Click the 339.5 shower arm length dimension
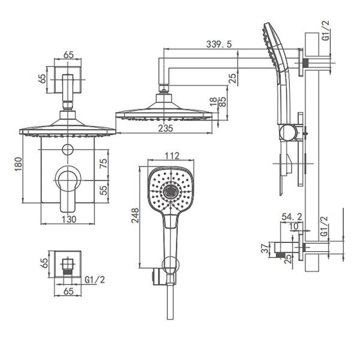pos(219,44)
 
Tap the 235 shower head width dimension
pos(166,128)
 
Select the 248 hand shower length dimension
pos(135,215)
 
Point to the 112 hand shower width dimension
pos(172,156)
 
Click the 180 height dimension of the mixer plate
pos(19,164)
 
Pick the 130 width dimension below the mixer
pos(68,219)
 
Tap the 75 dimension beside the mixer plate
pos(104,163)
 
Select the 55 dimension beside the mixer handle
pos(104,190)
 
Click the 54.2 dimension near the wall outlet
pos(292,217)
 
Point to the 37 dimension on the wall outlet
pos(265,248)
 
